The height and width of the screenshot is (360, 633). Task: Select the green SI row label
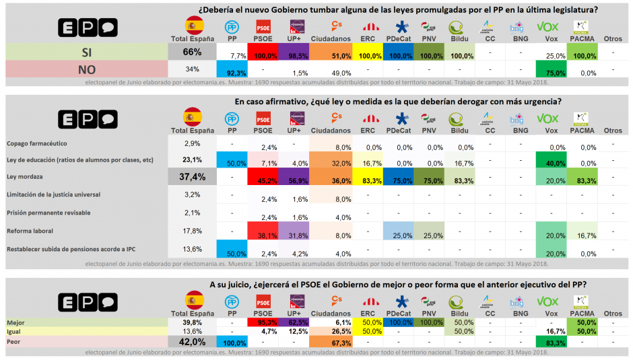(x=86, y=52)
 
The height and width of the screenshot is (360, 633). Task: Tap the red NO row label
(x=86, y=69)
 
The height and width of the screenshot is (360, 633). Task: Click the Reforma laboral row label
(x=30, y=230)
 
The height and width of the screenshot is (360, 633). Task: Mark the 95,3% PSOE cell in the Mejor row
(x=265, y=322)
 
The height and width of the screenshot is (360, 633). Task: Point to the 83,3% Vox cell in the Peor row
(x=552, y=343)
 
